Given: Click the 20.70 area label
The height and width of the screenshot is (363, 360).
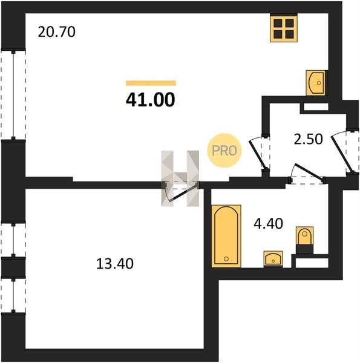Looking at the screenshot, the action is pos(56,32).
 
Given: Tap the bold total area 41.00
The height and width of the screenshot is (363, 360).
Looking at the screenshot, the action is pos(151,100).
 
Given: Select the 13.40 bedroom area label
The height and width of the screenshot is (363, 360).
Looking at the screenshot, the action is pos(115,264).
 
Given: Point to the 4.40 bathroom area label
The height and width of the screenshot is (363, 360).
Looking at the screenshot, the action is pos(268,224).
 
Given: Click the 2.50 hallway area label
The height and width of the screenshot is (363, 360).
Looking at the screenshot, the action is pos(308,139).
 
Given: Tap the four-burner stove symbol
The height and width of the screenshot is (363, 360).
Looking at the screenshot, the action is pos(284,28).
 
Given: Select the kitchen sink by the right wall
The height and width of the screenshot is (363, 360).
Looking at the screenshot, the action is pos(315,83).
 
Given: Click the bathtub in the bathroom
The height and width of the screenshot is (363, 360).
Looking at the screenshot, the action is pos(226,236).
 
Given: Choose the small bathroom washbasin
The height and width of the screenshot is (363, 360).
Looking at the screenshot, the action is pos(273,259).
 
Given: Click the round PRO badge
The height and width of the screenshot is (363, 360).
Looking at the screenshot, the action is pos(224,151).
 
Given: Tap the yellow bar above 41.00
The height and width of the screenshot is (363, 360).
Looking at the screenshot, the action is pos(151,83).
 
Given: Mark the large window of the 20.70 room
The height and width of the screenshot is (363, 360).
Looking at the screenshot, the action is pos(13,95).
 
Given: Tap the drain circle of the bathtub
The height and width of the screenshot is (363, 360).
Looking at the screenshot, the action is pos(226,258).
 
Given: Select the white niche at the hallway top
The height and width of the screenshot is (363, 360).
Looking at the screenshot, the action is pos(316,106).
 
